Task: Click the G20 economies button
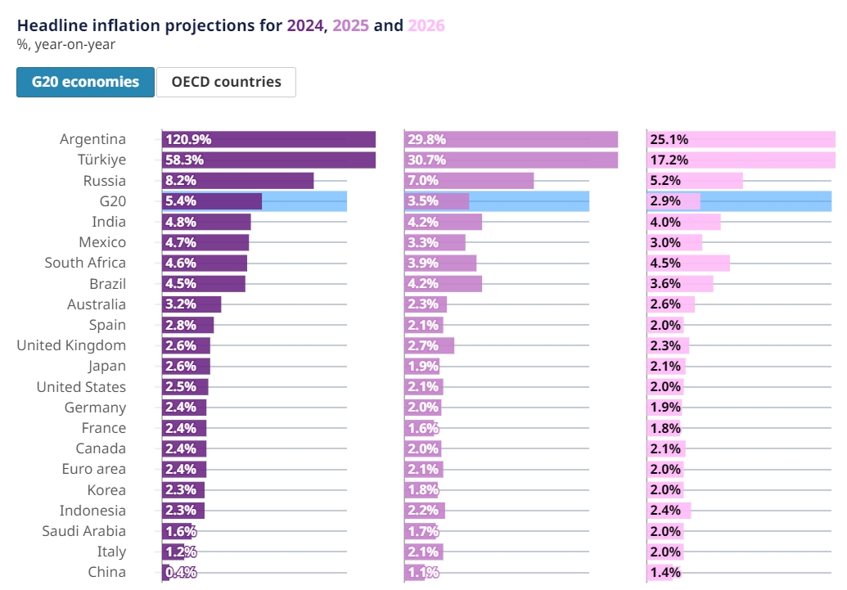(85, 82)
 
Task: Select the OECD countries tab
(226, 82)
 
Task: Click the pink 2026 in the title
(426, 25)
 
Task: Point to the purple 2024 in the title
(304, 25)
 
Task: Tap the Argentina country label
(92, 139)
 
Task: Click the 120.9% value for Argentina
(187, 139)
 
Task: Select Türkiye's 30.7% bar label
(425, 160)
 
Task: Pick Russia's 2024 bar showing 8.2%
(237, 180)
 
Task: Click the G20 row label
(111, 200)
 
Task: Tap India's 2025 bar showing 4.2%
(443, 222)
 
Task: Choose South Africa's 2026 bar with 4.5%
(687, 263)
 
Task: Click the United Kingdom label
(71, 345)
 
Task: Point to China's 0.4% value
(181, 572)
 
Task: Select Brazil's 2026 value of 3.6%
(665, 283)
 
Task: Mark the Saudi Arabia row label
(84, 531)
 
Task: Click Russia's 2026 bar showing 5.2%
(694, 180)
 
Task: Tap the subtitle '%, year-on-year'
(65, 45)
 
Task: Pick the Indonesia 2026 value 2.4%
(665, 511)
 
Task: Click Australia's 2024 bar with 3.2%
(191, 304)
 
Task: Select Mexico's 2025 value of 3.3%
(421, 242)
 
